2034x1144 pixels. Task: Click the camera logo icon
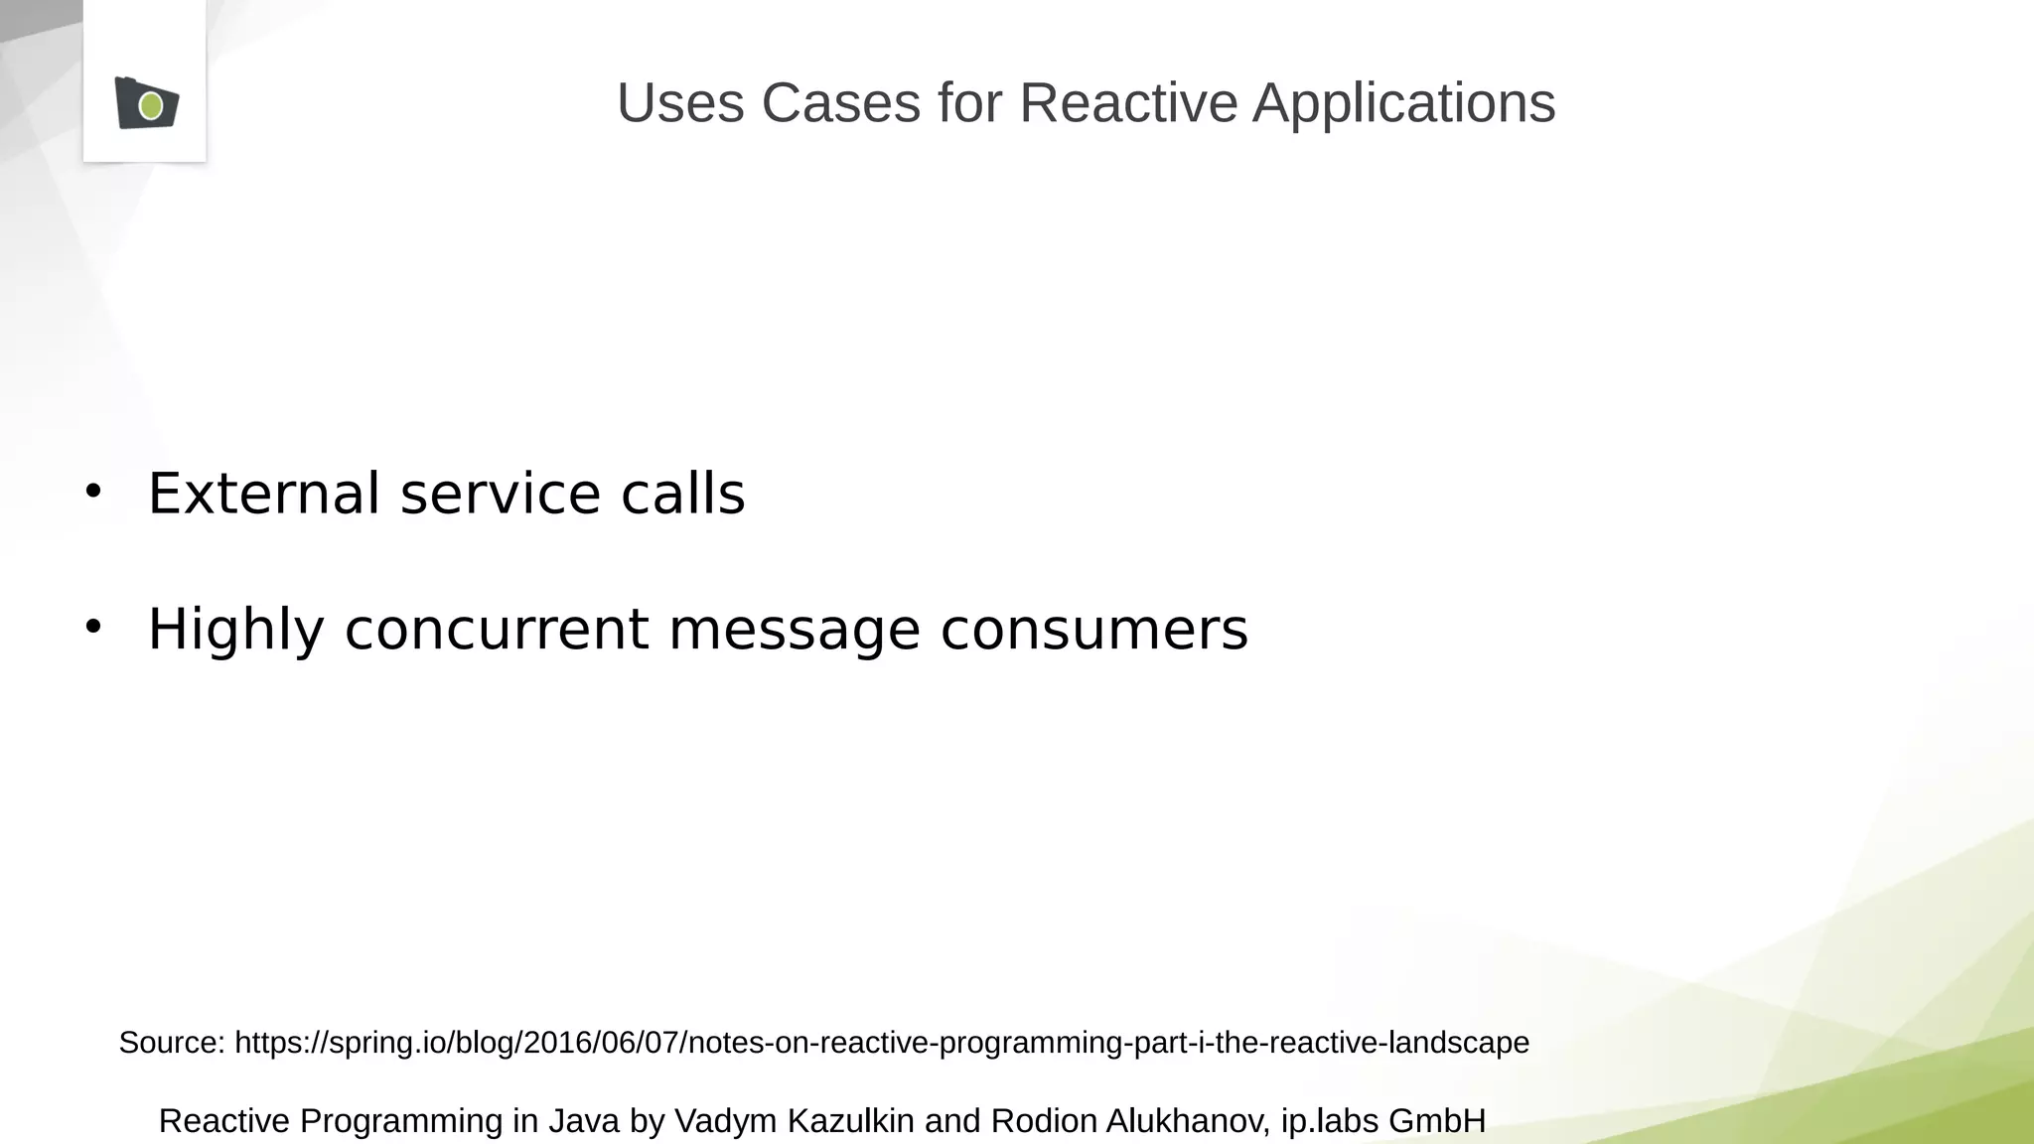(146, 103)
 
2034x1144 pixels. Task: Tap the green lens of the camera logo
(151, 105)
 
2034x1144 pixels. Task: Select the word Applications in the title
(1403, 102)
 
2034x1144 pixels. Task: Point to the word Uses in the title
(680, 102)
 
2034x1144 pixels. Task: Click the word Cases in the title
(841, 102)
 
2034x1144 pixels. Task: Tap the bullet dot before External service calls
(93, 491)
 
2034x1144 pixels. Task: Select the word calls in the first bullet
(682, 494)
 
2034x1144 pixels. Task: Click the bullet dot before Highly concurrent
(93, 627)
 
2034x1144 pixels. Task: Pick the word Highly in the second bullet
(235, 630)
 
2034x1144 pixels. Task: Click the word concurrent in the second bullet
(497, 630)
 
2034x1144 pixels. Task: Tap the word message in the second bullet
(795, 630)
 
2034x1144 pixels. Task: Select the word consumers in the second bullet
(1093, 630)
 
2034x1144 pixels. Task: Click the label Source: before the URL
(172, 1043)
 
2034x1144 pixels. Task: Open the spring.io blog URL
(881, 1043)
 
